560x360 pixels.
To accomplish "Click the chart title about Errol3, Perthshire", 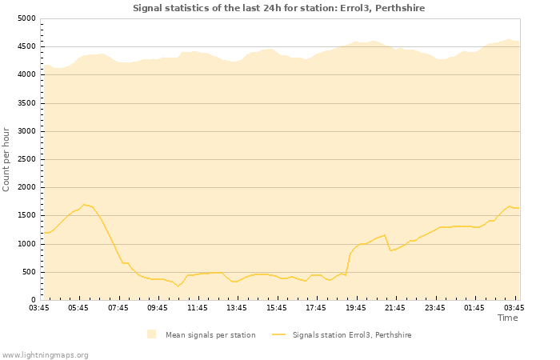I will coord(278,8).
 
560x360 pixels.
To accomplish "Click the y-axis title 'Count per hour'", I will coord(7,158).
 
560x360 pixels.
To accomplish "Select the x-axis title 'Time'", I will coord(507,318).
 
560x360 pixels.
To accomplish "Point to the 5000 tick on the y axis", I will coord(26,18).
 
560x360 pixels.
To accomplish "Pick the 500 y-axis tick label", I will coord(28,272).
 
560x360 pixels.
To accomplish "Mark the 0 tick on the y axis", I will coord(32,300).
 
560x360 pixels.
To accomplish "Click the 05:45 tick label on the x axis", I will coord(78,307).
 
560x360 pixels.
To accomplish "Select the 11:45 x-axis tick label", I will coord(198,307).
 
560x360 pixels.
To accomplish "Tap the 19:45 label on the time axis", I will coord(356,307).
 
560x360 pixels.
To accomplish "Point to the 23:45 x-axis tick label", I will coord(435,307).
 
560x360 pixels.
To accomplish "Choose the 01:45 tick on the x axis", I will coord(474,307).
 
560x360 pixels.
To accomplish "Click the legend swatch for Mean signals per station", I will coord(152,334).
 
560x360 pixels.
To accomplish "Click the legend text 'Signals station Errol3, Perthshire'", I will coord(352,335).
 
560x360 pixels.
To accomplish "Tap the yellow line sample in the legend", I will coord(278,334).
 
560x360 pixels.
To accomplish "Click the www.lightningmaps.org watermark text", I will coord(46,354).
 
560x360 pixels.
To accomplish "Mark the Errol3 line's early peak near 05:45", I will coord(83,205).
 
